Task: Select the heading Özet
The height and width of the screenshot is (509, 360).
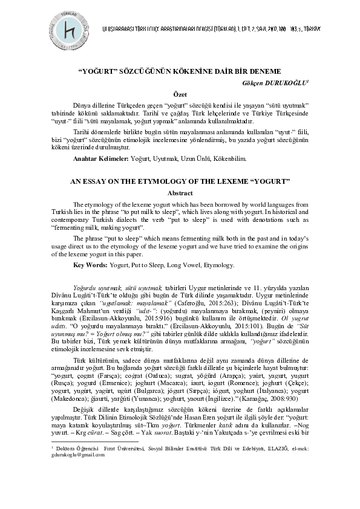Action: point(180,94)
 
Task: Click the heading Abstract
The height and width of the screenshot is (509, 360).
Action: point(180,193)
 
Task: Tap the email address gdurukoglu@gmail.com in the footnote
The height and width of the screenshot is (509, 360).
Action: point(76,472)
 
